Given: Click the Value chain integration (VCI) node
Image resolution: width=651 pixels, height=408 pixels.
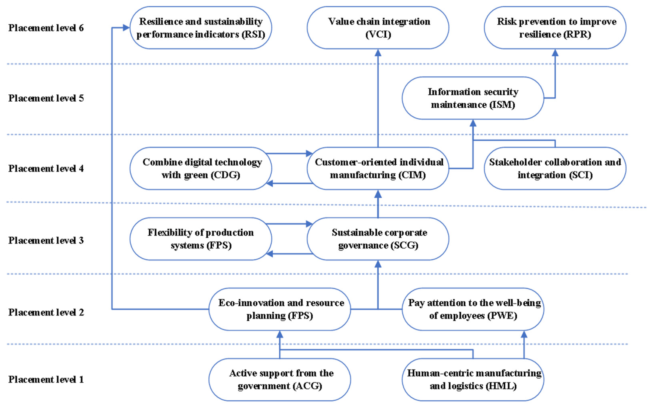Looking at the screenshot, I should (x=378, y=28).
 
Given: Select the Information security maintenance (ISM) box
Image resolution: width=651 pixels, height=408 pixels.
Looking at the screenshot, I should (x=473, y=98).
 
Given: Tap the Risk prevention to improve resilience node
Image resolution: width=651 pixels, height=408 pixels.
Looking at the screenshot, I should (x=555, y=28).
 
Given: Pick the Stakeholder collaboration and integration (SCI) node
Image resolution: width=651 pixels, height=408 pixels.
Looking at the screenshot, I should (x=555, y=168).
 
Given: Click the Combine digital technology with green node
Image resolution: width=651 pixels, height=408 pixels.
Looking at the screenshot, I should (x=201, y=168).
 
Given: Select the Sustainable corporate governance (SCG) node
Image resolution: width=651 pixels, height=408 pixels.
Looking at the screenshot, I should (x=378, y=239).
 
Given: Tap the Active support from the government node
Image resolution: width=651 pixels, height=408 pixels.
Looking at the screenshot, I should (x=280, y=379).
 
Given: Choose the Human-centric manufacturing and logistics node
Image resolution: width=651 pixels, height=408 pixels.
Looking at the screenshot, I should (x=473, y=379).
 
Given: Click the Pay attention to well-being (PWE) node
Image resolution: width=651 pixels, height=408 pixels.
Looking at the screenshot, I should (x=473, y=309).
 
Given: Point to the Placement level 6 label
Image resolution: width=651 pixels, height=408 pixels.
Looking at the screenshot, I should (x=46, y=28).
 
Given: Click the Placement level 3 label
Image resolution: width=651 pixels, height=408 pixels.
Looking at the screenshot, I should (x=46, y=240).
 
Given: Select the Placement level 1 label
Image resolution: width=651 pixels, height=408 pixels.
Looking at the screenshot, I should (x=46, y=379).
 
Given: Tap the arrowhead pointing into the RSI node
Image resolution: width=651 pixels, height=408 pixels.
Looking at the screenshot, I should (x=126, y=27).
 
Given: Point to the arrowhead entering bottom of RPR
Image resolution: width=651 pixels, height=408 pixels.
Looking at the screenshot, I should (x=555, y=53).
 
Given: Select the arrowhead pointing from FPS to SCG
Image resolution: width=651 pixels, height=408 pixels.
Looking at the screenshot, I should (x=309, y=224).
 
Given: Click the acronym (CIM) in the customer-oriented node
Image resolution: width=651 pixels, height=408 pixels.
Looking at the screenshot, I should (x=410, y=175).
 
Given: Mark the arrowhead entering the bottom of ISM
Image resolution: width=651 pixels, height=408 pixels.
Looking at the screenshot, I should (x=473, y=123).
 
